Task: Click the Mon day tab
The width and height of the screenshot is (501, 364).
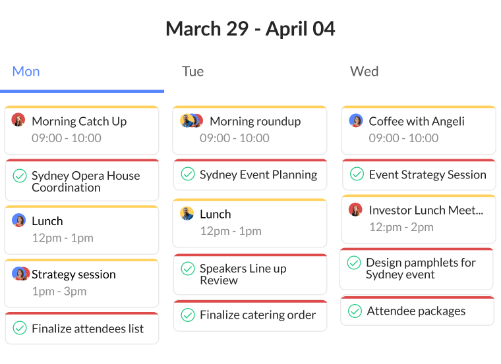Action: click(x=26, y=72)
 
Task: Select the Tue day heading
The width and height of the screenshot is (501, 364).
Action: click(x=192, y=72)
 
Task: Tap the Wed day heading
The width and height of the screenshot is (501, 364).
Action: click(x=365, y=72)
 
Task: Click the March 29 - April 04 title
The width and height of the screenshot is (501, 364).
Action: click(x=250, y=29)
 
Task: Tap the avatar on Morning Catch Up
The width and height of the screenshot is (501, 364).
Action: click(x=18, y=120)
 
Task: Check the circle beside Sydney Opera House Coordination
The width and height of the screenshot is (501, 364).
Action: click(x=20, y=176)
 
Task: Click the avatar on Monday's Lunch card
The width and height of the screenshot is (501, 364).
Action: click(x=19, y=220)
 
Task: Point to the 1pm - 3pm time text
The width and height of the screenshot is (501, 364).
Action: click(x=59, y=291)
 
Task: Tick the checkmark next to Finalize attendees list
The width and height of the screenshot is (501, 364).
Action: click(x=20, y=328)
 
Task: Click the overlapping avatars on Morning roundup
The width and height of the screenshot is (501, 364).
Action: click(x=192, y=120)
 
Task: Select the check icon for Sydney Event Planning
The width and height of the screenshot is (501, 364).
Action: click(x=188, y=174)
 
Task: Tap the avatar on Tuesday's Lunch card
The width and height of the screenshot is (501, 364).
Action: click(x=187, y=213)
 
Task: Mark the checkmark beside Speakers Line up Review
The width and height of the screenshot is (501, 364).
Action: click(x=188, y=269)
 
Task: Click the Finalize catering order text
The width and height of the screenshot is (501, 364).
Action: click(x=258, y=315)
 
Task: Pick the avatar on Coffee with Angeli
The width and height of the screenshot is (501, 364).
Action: click(x=356, y=120)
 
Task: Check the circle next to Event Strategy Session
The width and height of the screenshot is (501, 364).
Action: click(x=357, y=174)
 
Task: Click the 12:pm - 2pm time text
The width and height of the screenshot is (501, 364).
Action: click(x=401, y=227)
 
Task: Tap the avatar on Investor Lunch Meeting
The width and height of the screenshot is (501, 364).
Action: click(x=355, y=209)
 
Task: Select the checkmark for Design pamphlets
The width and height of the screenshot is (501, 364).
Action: click(x=354, y=263)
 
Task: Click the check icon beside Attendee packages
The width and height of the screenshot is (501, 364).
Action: click(x=355, y=311)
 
